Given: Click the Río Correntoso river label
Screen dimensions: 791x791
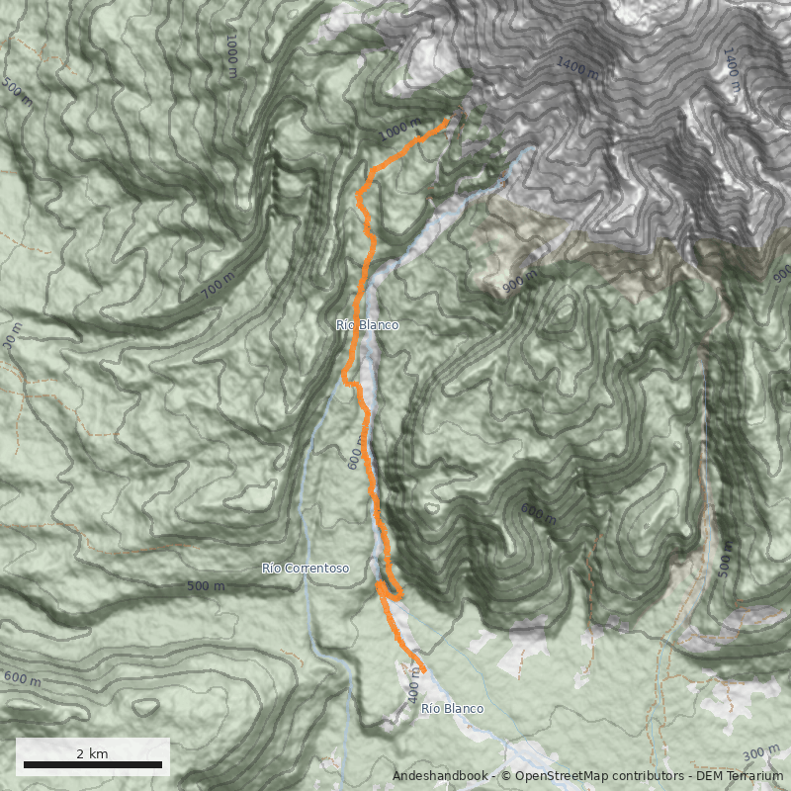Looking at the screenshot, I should (306, 569).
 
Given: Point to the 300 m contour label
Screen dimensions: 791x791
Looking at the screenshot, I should (760, 753).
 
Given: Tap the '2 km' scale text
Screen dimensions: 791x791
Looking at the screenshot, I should (92, 753).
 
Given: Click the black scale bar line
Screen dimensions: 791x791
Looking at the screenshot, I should (92, 765).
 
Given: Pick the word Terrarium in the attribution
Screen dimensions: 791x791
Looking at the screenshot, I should (740, 776).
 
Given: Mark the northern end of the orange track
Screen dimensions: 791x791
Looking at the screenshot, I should (447, 121).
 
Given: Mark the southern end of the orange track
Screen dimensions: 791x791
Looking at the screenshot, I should (422, 670).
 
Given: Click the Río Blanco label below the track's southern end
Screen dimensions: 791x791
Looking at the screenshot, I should (452, 709).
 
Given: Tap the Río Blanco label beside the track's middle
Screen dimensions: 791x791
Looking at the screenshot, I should (367, 324).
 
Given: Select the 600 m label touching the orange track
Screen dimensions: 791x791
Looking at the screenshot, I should (357, 453).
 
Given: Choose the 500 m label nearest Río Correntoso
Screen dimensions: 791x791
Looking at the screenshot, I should (206, 586).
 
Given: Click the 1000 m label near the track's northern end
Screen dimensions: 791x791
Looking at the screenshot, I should (399, 130).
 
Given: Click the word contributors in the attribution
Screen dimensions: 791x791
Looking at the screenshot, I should (640, 776).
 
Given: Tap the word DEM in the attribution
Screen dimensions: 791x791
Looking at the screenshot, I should (696, 776).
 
